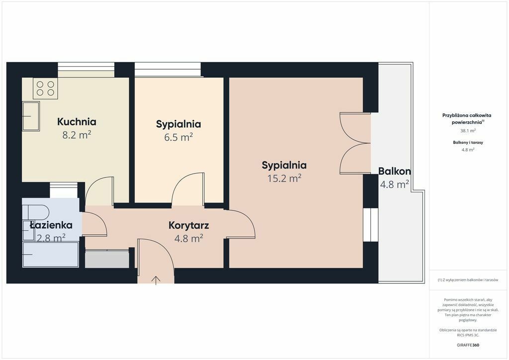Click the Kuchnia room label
pos(77,122)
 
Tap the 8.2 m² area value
pos(77,135)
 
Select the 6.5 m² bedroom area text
pos(178,137)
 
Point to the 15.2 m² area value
pos(284,178)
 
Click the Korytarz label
pos(188,225)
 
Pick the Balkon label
pos(394,171)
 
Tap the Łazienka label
pos(51,225)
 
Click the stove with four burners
pos(45,89)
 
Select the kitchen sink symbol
pos(31,116)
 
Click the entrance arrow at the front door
pos(156,280)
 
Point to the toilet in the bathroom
pos(36,212)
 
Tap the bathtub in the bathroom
pos(51,255)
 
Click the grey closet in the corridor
pos(107,259)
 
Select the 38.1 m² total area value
pos(468,131)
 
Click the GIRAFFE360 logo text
pos(468,345)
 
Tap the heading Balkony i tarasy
pos(468,143)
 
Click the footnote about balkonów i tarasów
pos(468,280)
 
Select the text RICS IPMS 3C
pos(468,335)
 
